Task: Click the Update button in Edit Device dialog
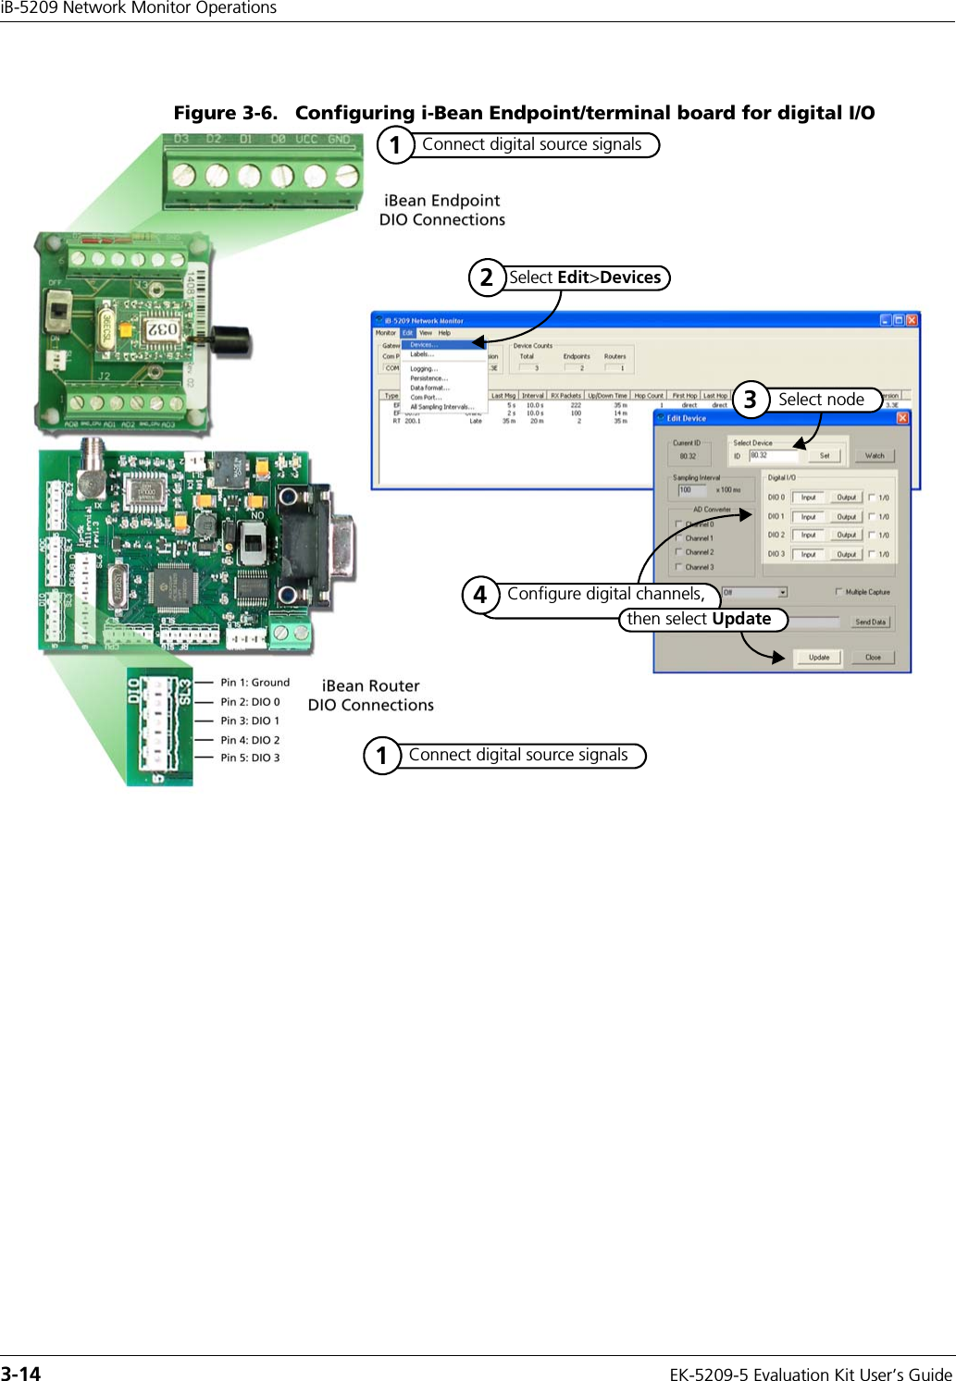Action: pos(819,658)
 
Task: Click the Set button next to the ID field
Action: pos(825,455)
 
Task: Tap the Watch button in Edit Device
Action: pos(875,455)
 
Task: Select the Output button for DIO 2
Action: pos(846,535)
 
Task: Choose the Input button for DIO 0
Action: pos(808,497)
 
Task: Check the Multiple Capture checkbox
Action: pos(838,592)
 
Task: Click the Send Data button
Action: pos(870,622)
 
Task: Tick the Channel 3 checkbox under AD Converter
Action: pos(678,567)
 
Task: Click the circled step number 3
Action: pos(751,400)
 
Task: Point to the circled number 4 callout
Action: pos(479,595)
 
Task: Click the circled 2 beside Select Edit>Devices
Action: pos(486,277)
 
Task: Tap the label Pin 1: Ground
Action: pos(255,683)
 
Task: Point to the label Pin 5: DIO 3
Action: pos(250,758)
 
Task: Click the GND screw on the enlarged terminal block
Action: pos(345,176)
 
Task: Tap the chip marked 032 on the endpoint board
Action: pos(163,329)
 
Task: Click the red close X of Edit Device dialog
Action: pos(901,418)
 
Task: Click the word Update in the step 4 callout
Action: pos(741,619)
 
